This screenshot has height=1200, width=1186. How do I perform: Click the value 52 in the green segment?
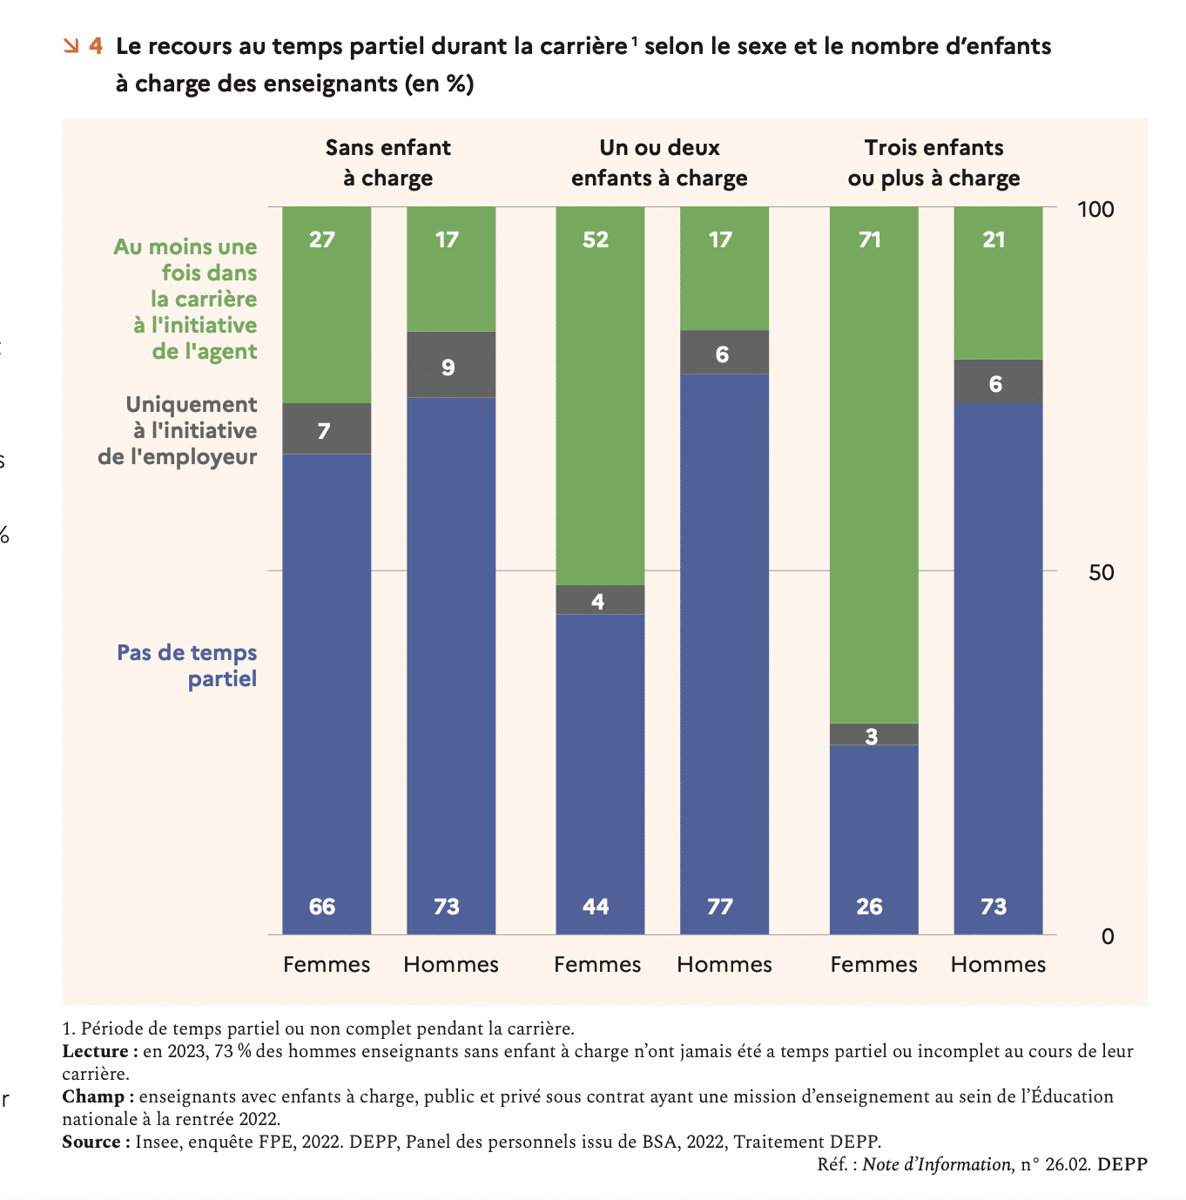point(596,239)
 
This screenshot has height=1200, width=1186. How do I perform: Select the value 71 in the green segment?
point(870,239)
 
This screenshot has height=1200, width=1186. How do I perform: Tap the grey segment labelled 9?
point(451,364)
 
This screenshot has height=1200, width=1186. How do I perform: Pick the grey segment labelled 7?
point(327,428)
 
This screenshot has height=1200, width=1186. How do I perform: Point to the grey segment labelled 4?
point(600,600)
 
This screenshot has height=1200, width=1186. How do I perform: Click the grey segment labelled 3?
point(874,734)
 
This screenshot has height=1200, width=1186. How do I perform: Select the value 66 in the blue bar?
point(322,907)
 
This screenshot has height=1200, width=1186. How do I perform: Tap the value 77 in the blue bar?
point(720,907)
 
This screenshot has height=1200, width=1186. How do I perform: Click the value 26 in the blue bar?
point(870,907)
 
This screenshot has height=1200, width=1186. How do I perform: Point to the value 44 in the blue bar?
point(596,907)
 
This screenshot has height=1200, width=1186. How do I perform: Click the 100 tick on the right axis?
point(1095,209)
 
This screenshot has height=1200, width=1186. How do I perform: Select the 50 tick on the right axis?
point(1102,572)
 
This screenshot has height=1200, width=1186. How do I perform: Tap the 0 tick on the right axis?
point(1108,936)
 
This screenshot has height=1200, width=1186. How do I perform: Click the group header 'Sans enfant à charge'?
point(388,163)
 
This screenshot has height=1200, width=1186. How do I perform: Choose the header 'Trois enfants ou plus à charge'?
point(933,163)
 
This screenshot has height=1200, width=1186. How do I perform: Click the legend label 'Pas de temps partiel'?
point(187,665)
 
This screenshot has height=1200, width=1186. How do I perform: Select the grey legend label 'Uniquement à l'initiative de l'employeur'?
point(178,430)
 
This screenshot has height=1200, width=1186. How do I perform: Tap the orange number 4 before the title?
point(95,45)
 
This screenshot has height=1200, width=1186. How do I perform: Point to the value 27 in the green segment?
point(322,239)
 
